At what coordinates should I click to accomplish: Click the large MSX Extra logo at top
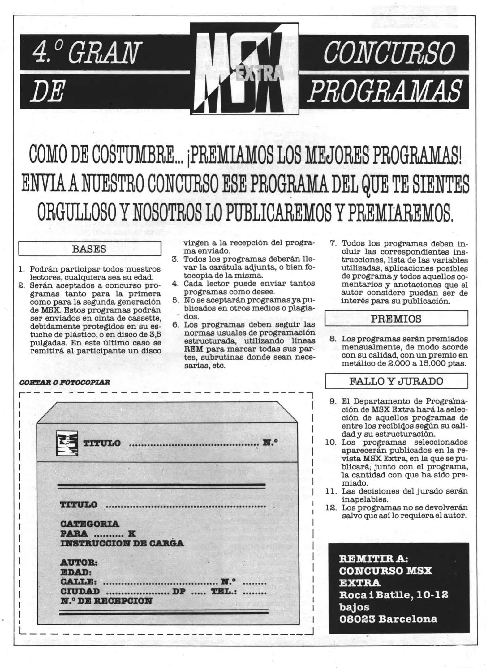[x=244, y=69]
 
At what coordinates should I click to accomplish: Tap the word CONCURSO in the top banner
[x=389, y=53]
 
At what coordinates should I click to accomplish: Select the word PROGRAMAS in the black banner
[x=385, y=91]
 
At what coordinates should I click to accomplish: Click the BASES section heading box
[x=89, y=249]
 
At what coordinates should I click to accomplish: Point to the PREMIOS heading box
[x=396, y=319]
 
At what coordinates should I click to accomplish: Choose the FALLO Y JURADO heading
[x=396, y=381]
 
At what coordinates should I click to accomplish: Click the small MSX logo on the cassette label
[x=67, y=443]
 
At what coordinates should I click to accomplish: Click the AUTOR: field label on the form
[x=79, y=562]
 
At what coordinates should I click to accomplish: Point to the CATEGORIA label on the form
[x=90, y=524]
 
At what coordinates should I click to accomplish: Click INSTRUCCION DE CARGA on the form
[x=122, y=543]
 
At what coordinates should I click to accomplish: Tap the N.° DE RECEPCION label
[x=106, y=601]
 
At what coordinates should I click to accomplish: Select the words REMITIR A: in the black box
[x=373, y=559]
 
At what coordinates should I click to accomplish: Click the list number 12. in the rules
[x=332, y=507]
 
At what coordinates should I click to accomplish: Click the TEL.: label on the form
[x=224, y=591]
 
